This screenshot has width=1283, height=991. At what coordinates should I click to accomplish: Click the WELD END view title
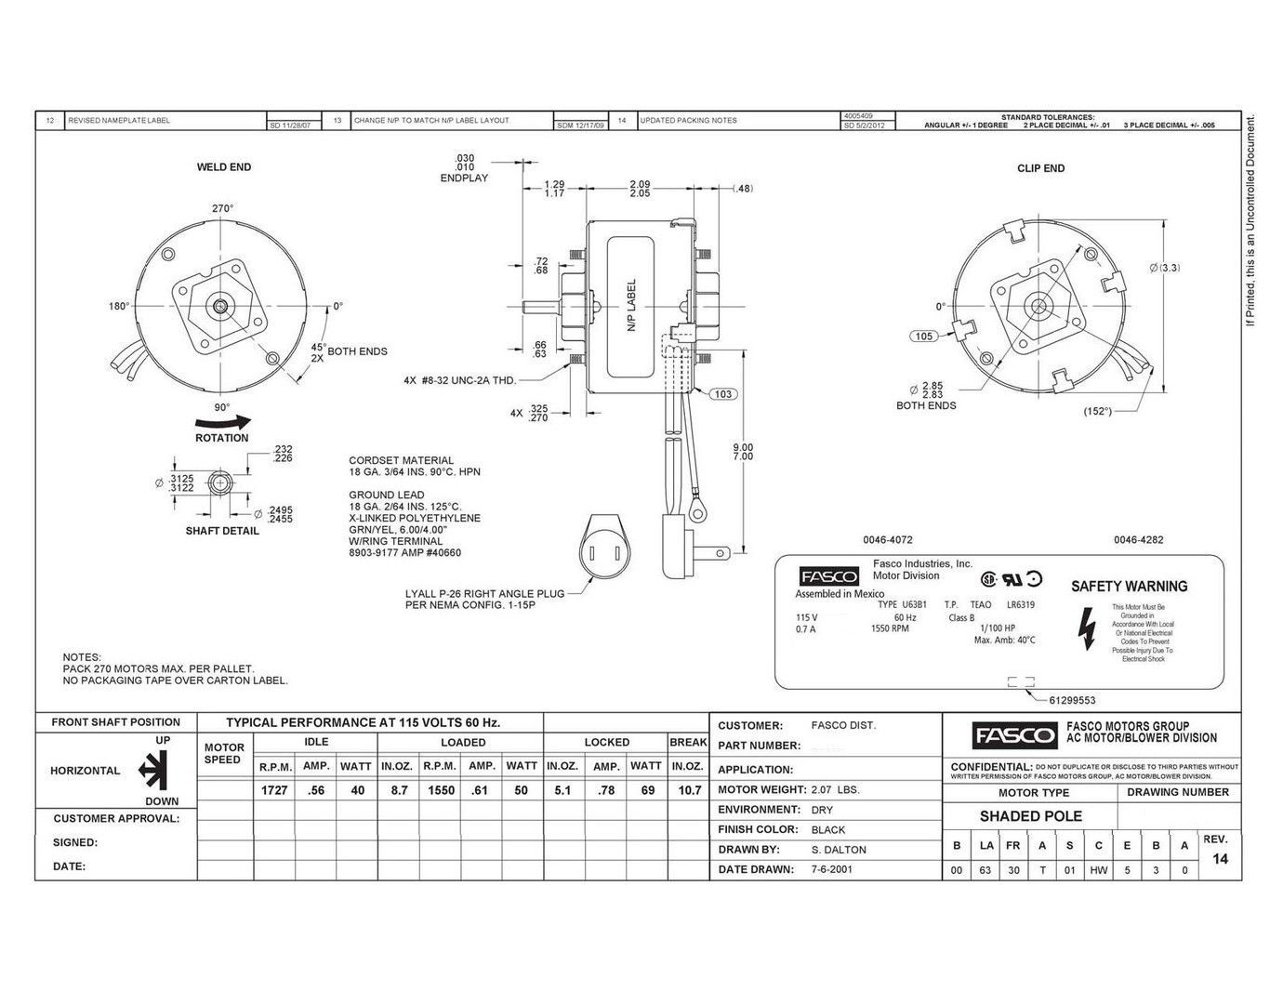223,167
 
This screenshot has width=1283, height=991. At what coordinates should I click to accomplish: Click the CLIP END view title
1040,168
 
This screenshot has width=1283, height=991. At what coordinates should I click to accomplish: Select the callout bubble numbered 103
723,394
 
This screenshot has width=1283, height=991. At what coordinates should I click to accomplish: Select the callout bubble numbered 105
923,337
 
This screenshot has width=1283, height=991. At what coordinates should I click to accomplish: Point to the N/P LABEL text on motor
631,307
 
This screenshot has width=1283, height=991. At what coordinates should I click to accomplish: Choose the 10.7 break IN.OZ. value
687,790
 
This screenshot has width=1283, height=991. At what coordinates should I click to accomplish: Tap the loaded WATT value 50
521,790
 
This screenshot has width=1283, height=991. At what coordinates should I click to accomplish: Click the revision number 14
1221,859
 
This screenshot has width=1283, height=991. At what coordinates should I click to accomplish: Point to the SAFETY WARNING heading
1129,587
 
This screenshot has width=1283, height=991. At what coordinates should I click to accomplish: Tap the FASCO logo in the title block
1014,736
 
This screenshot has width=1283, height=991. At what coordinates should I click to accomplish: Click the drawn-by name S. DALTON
839,850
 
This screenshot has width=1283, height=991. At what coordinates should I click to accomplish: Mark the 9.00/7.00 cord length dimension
743,452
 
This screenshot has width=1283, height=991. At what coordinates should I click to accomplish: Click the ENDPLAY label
464,178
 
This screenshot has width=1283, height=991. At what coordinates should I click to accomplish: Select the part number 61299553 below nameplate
1072,701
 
